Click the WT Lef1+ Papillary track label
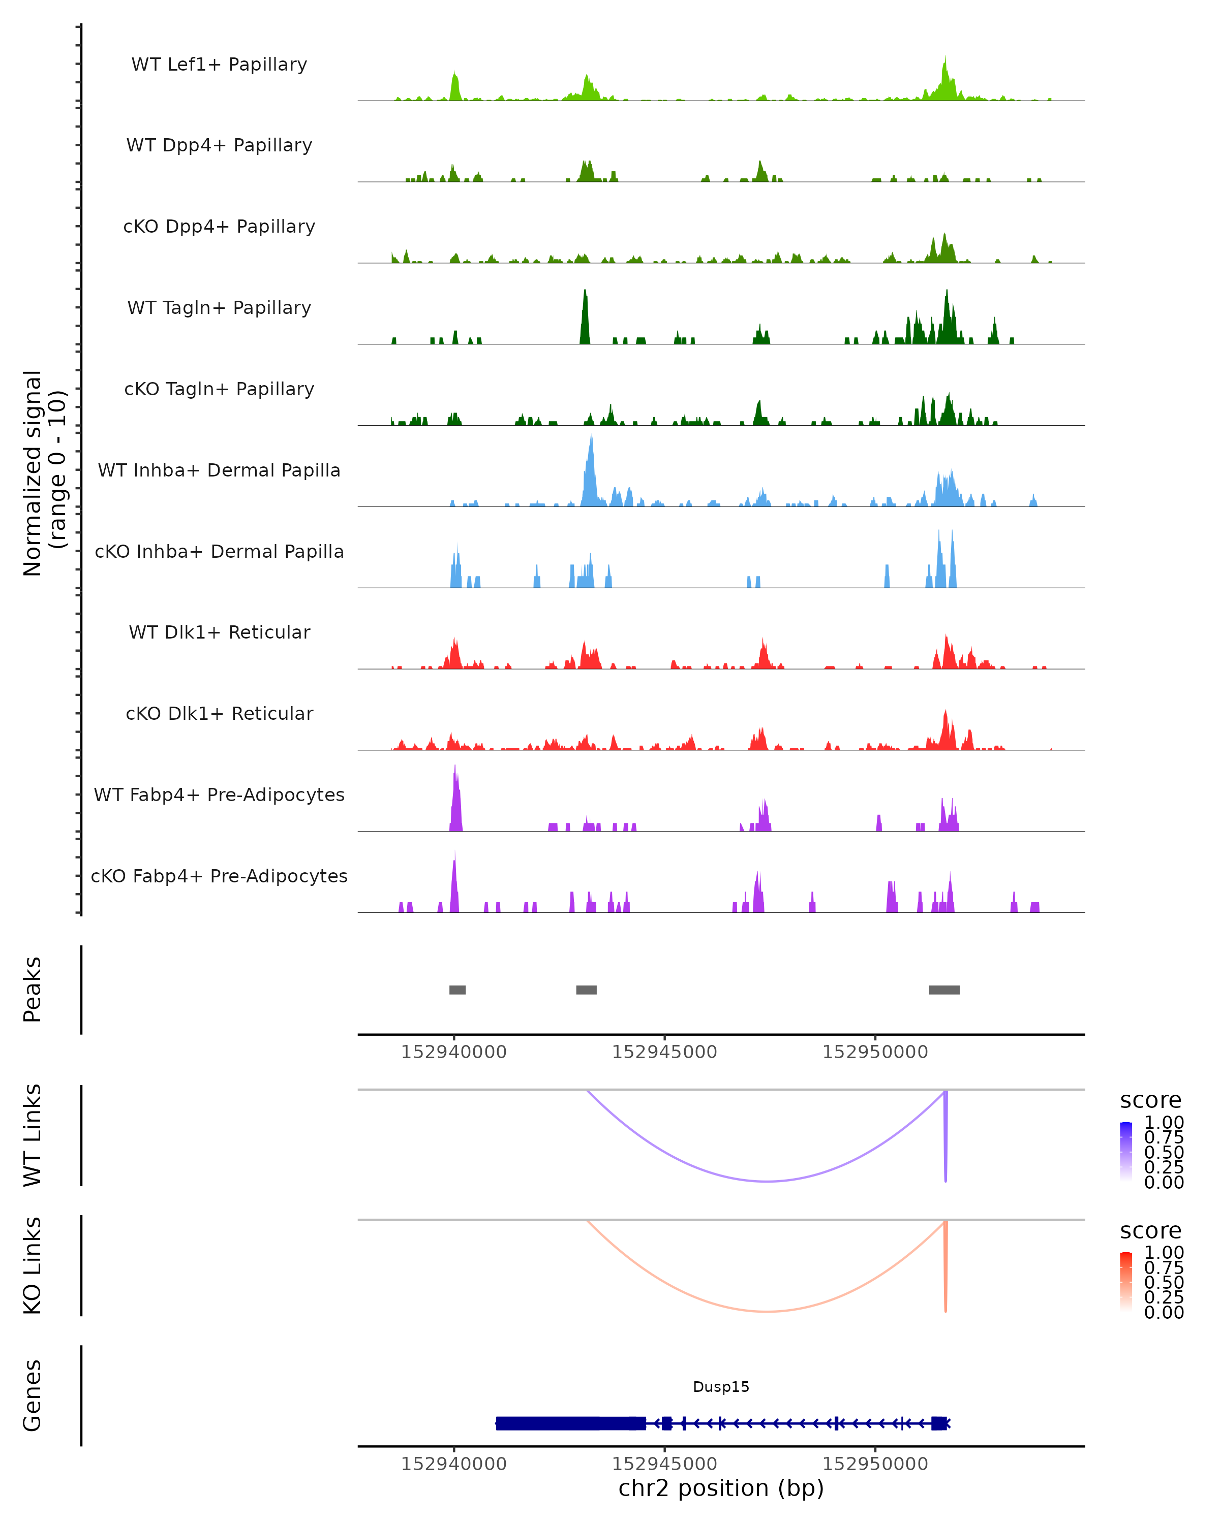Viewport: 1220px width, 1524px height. pos(219,65)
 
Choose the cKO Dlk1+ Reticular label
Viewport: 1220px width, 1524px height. pos(219,713)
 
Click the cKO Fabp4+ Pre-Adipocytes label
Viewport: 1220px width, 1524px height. pos(219,876)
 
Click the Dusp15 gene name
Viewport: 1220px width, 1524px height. pos(721,1387)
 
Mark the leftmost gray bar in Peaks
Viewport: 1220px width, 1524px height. pos(457,990)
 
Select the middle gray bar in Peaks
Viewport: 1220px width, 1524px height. pos(586,990)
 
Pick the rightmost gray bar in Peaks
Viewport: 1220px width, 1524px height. pos(944,990)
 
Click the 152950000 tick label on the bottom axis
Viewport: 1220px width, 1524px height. pos(875,1464)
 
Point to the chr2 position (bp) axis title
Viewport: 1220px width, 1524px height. pos(721,1488)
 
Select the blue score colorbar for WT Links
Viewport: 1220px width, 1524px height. pos(1126,1151)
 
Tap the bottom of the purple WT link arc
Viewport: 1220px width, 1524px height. pos(767,1181)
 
